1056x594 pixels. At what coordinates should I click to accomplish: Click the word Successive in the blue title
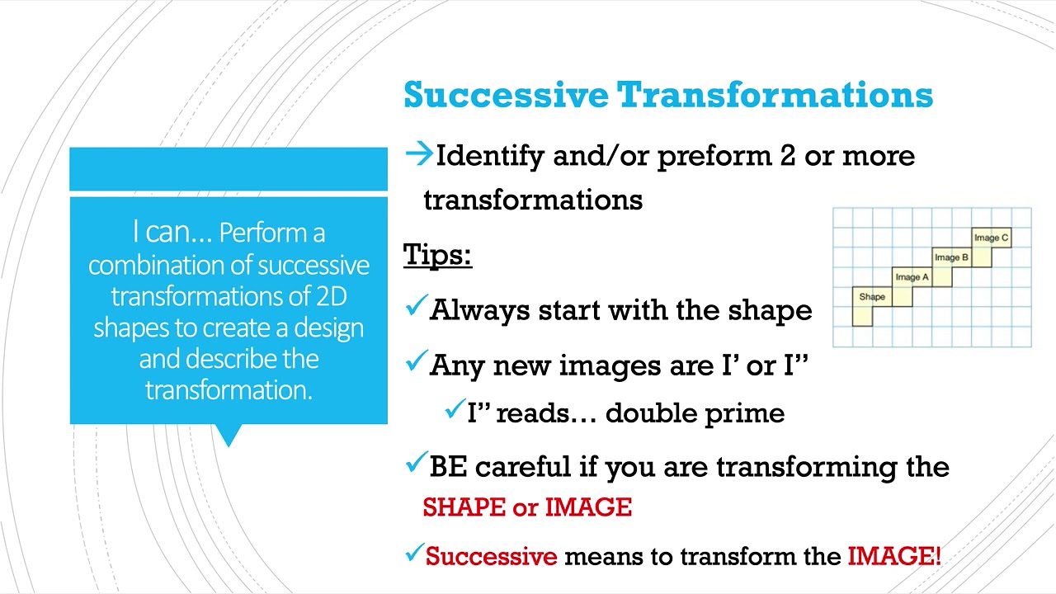click(505, 95)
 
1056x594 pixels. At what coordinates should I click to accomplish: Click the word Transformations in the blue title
click(775, 95)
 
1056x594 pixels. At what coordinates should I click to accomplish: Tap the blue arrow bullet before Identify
click(419, 153)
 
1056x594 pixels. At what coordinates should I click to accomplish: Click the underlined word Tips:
click(437, 254)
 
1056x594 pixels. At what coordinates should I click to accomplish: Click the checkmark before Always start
click(416, 309)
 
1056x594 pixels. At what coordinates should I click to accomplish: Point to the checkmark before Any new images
click(416, 363)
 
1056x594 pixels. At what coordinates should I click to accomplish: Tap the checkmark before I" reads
click(455, 410)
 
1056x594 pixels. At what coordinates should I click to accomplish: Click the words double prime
click(695, 412)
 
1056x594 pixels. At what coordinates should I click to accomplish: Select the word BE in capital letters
click(448, 467)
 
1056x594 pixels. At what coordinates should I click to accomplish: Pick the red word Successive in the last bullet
click(492, 556)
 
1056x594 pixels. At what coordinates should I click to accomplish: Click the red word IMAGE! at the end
click(893, 556)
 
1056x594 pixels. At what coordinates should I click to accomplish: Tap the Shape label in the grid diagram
click(872, 297)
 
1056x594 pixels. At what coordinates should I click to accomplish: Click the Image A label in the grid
click(912, 277)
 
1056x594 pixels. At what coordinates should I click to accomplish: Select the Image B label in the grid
click(951, 257)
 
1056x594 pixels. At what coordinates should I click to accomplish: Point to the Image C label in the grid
click(991, 238)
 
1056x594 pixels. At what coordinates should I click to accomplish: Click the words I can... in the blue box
click(172, 233)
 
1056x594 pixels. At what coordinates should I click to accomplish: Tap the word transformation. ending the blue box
click(229, 389)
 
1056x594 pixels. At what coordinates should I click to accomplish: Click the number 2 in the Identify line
click(787, 156)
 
